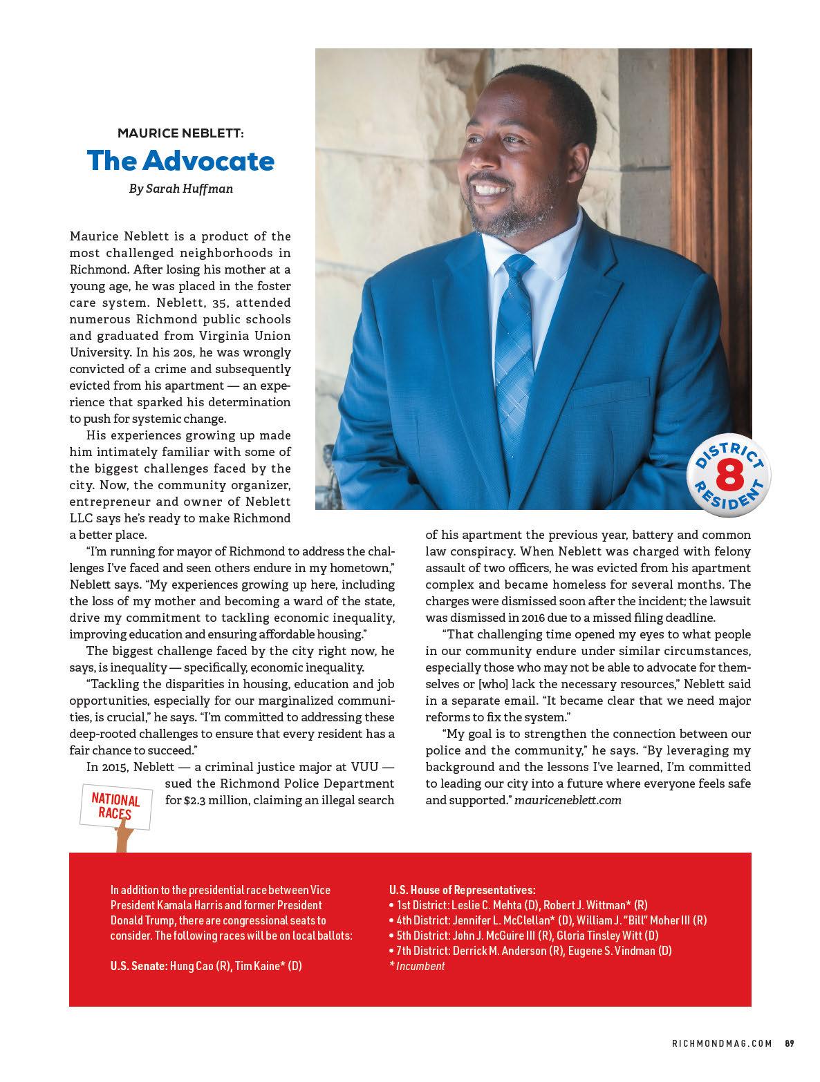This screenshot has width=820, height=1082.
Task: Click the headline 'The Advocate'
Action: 180,161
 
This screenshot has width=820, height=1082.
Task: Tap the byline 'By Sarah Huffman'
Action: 180,188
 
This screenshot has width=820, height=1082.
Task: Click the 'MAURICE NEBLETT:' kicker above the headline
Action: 180,132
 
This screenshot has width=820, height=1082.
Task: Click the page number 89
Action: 788,1043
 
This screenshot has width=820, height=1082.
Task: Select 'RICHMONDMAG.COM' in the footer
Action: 722,1043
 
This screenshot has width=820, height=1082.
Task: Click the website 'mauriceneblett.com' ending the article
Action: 568,800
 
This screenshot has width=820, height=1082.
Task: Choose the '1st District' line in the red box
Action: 519,905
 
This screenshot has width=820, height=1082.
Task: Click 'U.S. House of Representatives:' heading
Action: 462,890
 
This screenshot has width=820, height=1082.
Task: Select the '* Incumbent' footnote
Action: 417,966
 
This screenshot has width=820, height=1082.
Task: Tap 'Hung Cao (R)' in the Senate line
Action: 201,966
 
